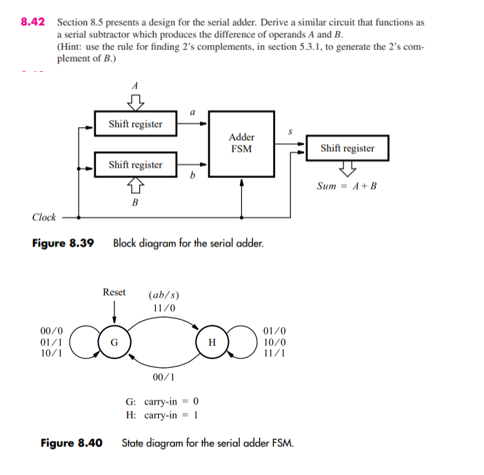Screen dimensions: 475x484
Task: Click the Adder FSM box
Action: pos(241,142)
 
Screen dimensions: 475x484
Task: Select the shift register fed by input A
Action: pos(135,124)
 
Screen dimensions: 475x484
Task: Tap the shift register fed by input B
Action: pos(135,165)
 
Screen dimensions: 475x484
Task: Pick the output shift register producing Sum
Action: pos(347,148)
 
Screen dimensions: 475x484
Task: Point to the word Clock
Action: pos(44,217)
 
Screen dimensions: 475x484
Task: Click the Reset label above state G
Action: pos(114,292)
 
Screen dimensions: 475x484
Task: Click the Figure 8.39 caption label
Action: pos(63,243)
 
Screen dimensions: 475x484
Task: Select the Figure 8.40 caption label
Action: pos(71,443)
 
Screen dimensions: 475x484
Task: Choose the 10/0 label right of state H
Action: pos(274,342)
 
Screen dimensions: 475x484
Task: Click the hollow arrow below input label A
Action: pos(136,101)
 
